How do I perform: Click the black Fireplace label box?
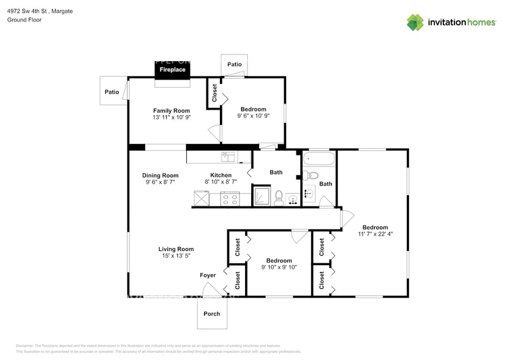pyautogui.click(x=172, y=70)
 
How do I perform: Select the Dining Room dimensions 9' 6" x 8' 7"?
pyautogui.click(x=160, y=182)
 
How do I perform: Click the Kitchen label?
pyautogui.click(x=221, y=175)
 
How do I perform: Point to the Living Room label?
pyautogui.click(x=176, y=249)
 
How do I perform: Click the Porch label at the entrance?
pyautogui.click(x=212, y=314)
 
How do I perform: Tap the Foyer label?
pyautogui.click(x=208, y=276)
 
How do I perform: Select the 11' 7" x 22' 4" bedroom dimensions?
pyautogui.click(x=374, y=233)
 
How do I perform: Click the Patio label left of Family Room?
pyautogui.click(x=111, y=92)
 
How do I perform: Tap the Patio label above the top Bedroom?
pyautogui.click(x=234, y=64)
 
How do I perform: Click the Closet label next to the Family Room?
pyautogui.click(x=214, y=93)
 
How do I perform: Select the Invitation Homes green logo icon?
pyautogui.click(x=415, y=23)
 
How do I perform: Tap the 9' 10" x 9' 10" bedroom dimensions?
pyautogui.click(x=279, y=267)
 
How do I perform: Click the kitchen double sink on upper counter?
pyautogui.click(x=228, y=157)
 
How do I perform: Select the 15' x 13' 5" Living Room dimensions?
pyautogui.click(x=176, y=256)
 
